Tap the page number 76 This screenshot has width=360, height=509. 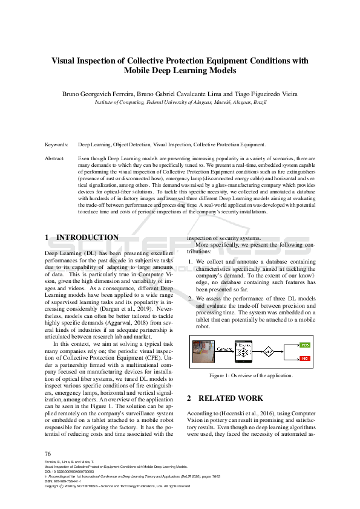[x=48, y=453]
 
